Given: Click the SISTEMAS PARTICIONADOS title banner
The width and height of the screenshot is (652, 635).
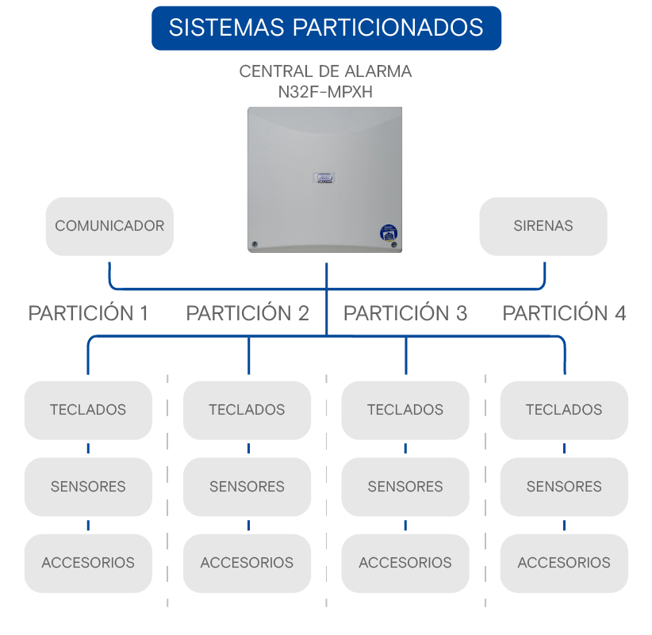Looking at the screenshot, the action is pyautogui.click(x=327, y=28).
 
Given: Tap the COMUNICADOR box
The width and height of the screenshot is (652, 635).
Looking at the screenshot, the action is pyautogui.click(x=109, y=226).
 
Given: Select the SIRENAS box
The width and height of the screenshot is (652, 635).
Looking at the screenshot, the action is pyautogui.click(x=543, y=226).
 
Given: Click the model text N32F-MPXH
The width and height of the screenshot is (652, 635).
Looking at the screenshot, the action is pyautogui.click(x=325, y=92).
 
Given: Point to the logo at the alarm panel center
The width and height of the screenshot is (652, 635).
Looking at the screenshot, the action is pyautogui.click(x=324, y=178).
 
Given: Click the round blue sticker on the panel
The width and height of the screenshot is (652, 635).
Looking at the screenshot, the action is pyautogui.click(x=389, y=233).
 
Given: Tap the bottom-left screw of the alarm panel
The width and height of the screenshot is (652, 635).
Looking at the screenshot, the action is pyautogui.click(x=255, y=244).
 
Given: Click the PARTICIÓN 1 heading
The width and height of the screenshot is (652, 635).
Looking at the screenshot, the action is pyautogui.click(x=88, y=313).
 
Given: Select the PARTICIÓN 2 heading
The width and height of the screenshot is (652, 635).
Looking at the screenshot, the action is pyautogui.click(x=247, y=313).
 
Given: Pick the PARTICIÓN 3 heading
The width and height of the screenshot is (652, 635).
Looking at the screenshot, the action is pyautogui.click(x=405, y=313).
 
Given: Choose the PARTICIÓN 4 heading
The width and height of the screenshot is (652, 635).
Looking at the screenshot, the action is pyautogui.click(x=564, y=313).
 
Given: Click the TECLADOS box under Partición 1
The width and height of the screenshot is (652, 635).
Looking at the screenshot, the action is pyautogui.click(x=88, y=410).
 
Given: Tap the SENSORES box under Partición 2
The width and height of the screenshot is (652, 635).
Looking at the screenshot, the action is pyautogui.click(x=247, y=487).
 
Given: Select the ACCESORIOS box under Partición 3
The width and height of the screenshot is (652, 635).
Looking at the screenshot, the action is pyautogui.click(x=405, y=563).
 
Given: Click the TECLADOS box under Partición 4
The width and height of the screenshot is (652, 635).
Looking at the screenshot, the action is pyautogui.click(x=564, y=410).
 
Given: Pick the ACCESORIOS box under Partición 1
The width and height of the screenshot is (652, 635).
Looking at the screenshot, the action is pyautogui.click(x=88, y=563).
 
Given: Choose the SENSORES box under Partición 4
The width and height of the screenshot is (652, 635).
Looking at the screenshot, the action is pyautogui.click(x=564, y=487).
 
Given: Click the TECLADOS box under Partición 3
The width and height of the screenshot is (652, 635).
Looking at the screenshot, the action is pyautogui.click(x=405, y=410).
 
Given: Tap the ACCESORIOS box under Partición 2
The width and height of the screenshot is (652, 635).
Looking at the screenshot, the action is pyautogui.click(x=247, y=563).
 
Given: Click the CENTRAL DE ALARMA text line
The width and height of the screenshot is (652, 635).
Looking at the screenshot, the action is pyautogui.click(x=325, y=71).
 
